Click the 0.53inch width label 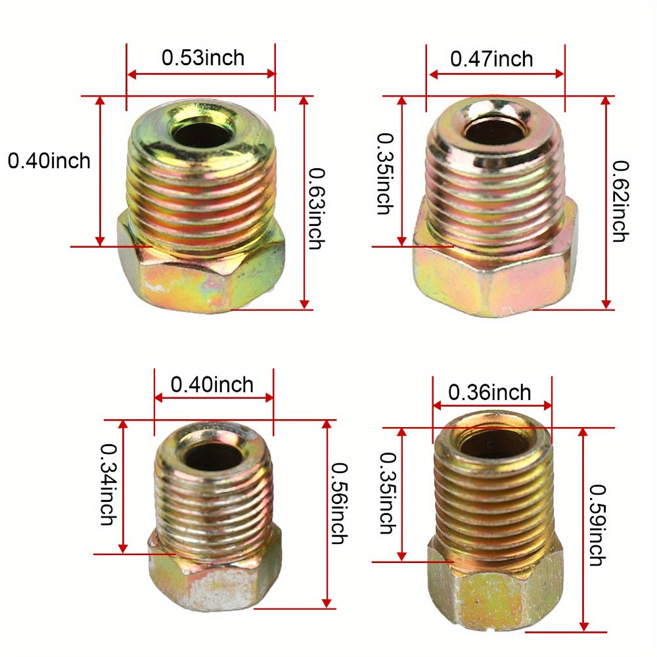click(203, 58)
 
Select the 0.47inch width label click(491, 59)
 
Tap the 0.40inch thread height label click(49, 161)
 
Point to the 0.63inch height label click(317, 209)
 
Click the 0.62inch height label click(621, 201)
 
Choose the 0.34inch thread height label click(108, 485)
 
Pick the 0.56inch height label click(340, 503)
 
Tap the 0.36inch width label click(489, 393)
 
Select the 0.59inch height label click(597, 525)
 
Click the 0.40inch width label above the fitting click(212, 385)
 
